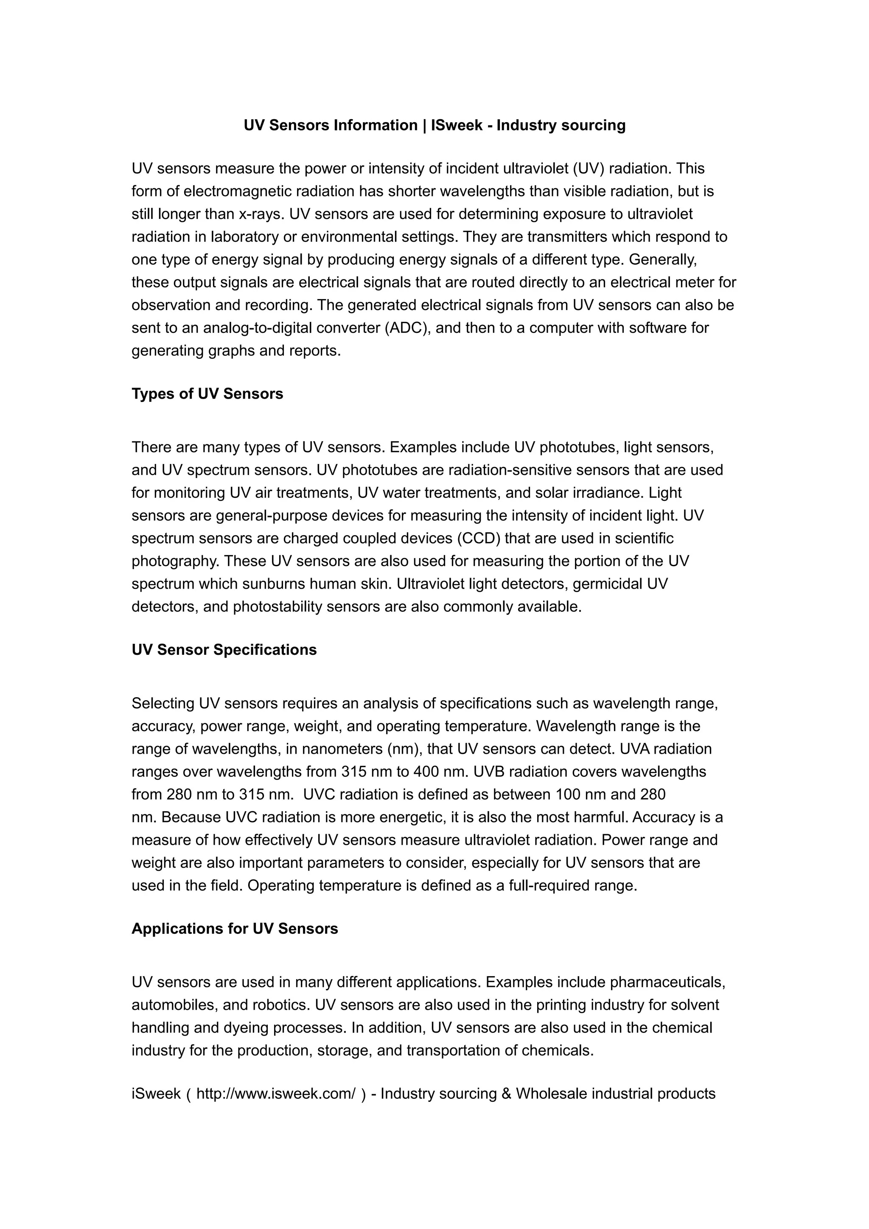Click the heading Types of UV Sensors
207,394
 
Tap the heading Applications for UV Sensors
235,928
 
